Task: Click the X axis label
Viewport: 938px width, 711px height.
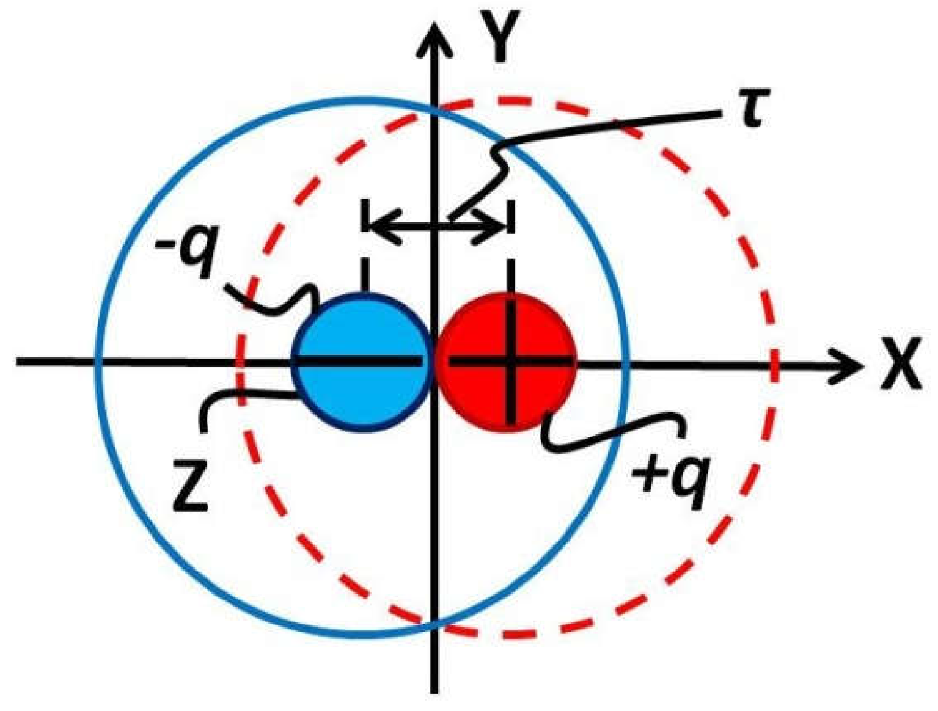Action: [901, 365]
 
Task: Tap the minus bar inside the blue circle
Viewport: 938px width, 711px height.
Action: [361, 362]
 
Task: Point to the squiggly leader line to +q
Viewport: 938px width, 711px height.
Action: [611, 431]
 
